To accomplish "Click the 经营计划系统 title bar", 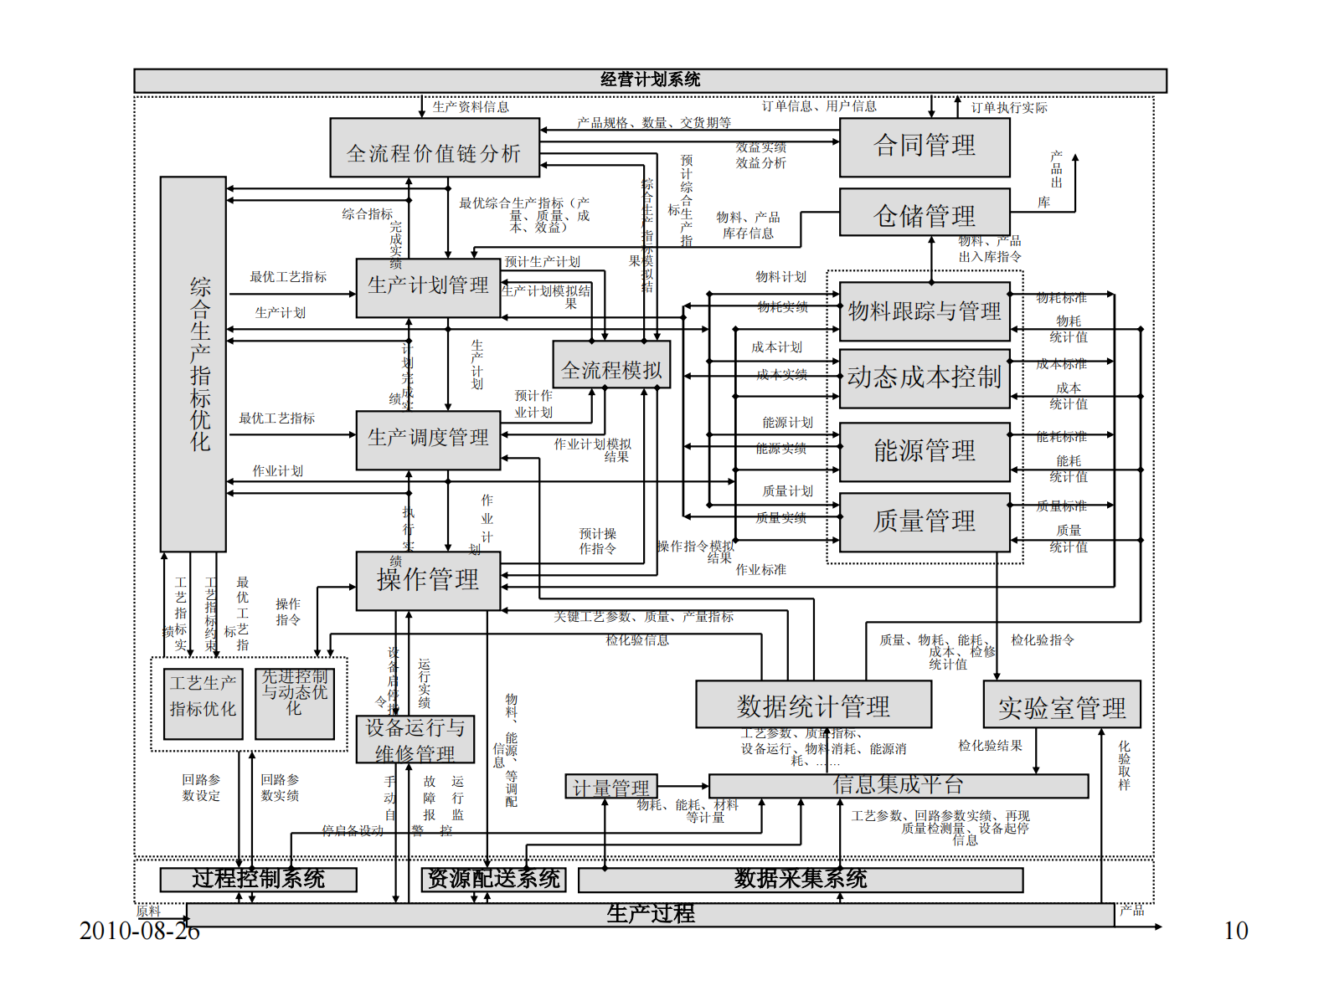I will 650,80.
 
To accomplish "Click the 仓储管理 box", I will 925,214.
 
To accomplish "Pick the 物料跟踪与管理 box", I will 925,311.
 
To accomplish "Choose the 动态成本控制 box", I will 925,378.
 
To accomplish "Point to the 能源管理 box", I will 925,452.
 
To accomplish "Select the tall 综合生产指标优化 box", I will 193,364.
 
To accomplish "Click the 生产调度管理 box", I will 428,439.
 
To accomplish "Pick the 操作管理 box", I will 428,580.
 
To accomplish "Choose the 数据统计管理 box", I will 813,704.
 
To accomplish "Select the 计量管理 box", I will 611,787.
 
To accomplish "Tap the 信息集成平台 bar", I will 899,785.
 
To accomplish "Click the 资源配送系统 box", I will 493,880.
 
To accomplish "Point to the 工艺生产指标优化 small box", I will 203,703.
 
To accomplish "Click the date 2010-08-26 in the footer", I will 140,931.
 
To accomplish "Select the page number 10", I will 1235,931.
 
